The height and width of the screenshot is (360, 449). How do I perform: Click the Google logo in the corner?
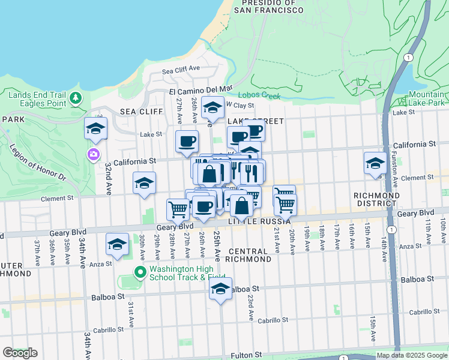coord(20,352)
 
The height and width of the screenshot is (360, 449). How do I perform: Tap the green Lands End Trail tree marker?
coord(76,98)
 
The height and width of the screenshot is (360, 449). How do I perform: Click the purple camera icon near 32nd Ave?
coord(94,155)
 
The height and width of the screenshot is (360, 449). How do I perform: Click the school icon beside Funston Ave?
coord(375,163)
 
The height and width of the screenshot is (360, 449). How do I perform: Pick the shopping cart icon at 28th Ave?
coord(178,210)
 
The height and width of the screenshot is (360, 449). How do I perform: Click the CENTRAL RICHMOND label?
coord(250,255)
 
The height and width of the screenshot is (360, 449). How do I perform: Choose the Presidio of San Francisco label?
coord(268,7)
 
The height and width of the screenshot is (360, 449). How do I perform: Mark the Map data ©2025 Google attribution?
coord(411,355)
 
